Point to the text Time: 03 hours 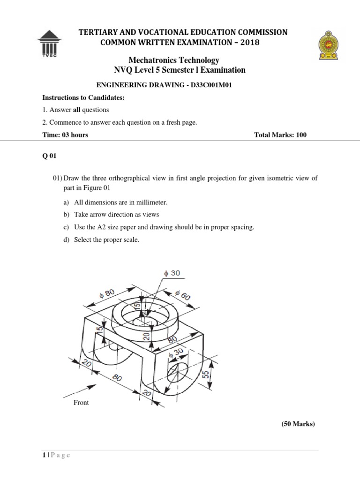65,135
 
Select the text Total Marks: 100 280,135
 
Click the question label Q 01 49,157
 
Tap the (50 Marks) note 298,424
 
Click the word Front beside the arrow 82,402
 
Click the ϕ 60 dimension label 181,297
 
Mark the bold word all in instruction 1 78,110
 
